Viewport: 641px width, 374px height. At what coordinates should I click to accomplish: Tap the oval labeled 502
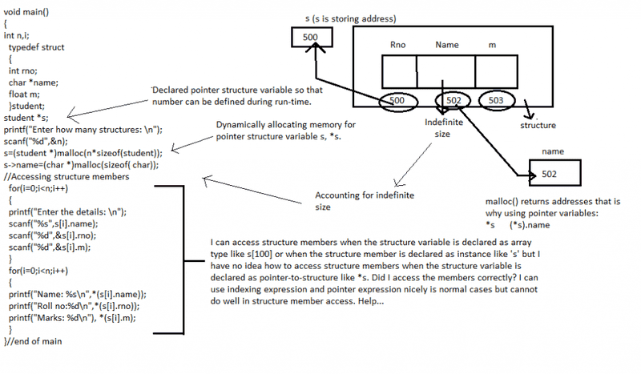coord(451,101)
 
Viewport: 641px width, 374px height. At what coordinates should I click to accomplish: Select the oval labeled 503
coord(497,101)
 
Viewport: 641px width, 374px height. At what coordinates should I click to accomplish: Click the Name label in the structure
coord(447,46)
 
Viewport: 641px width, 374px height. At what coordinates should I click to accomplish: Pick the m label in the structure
coord(491,46)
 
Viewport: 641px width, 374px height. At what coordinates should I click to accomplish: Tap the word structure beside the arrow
coord(538,126)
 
